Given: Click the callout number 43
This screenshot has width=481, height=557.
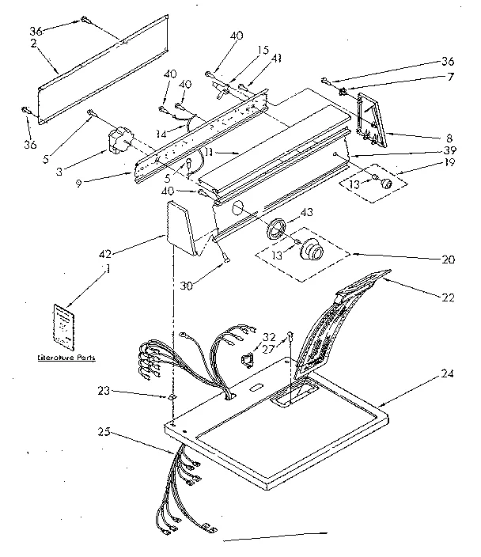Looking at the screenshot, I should point(306,213).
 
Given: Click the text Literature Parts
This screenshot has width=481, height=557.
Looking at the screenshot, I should point(67,358).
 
